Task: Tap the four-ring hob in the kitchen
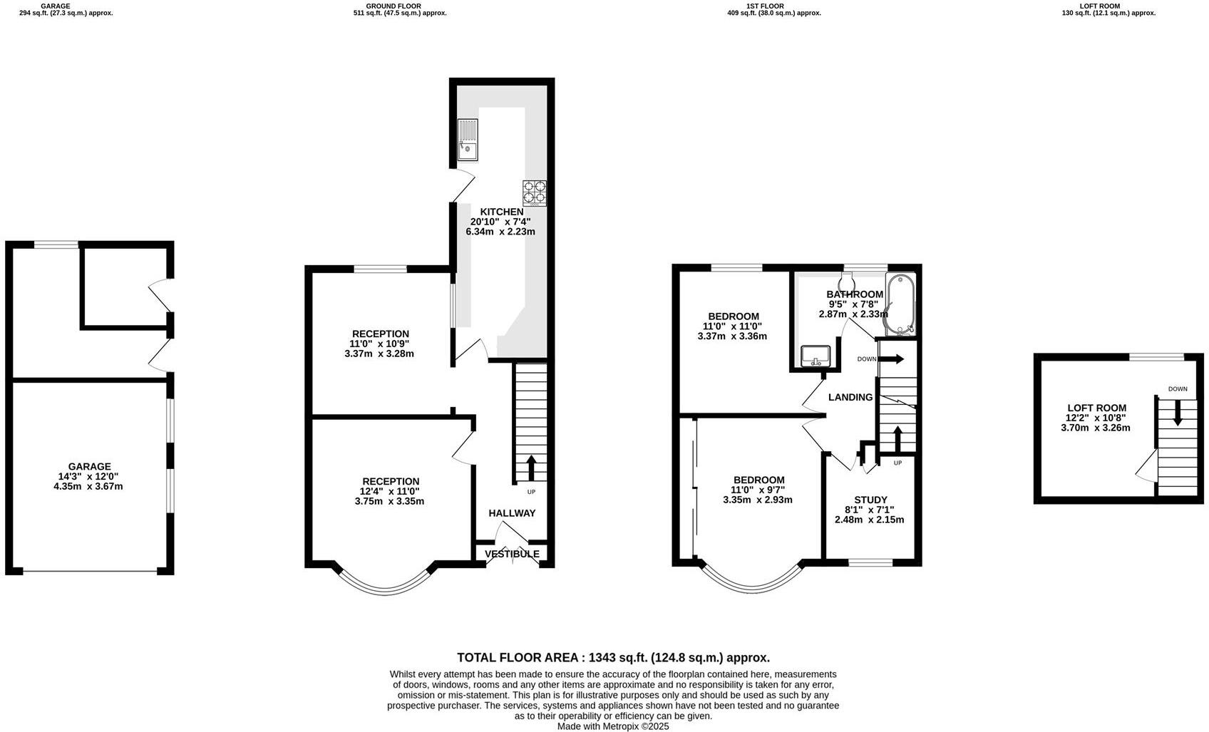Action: coord(535,193)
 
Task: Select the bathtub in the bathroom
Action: coord(900,304)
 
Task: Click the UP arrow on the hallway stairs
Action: coord(531,468)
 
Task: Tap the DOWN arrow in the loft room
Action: coord(1177,413)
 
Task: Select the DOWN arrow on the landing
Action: coord(891,359)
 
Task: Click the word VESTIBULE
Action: coord(512,554)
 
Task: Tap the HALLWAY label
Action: coord(512,513)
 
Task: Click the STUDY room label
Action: coord(870,500)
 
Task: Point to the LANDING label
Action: coord(850,397)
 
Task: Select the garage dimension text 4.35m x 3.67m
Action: coord(90,487)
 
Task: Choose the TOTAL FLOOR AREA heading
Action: coord(613,658)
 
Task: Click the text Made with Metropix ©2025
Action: coord(613,726)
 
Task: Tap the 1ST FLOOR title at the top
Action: coord(765,6)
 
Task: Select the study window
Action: coord(870,562)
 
